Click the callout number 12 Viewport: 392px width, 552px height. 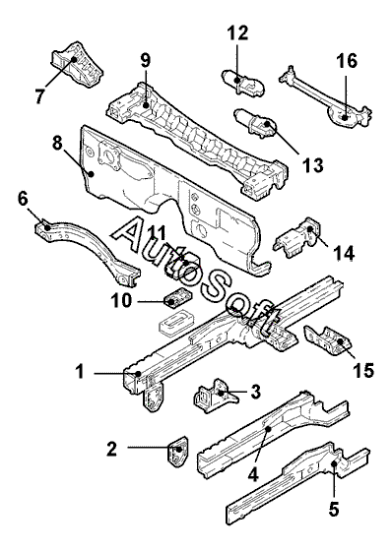pos(237,32)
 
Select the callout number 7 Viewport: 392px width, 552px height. pos(39,95)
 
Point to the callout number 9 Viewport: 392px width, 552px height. pos(145,60)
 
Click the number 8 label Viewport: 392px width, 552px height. pos(57,144)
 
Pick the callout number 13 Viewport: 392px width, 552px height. pos(312,164)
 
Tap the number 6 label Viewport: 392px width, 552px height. pos(23,200)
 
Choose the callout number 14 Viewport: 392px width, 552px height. pos(344,253)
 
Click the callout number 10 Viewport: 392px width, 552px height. pos(121,301)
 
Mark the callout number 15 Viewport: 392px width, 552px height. pos(363,370)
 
